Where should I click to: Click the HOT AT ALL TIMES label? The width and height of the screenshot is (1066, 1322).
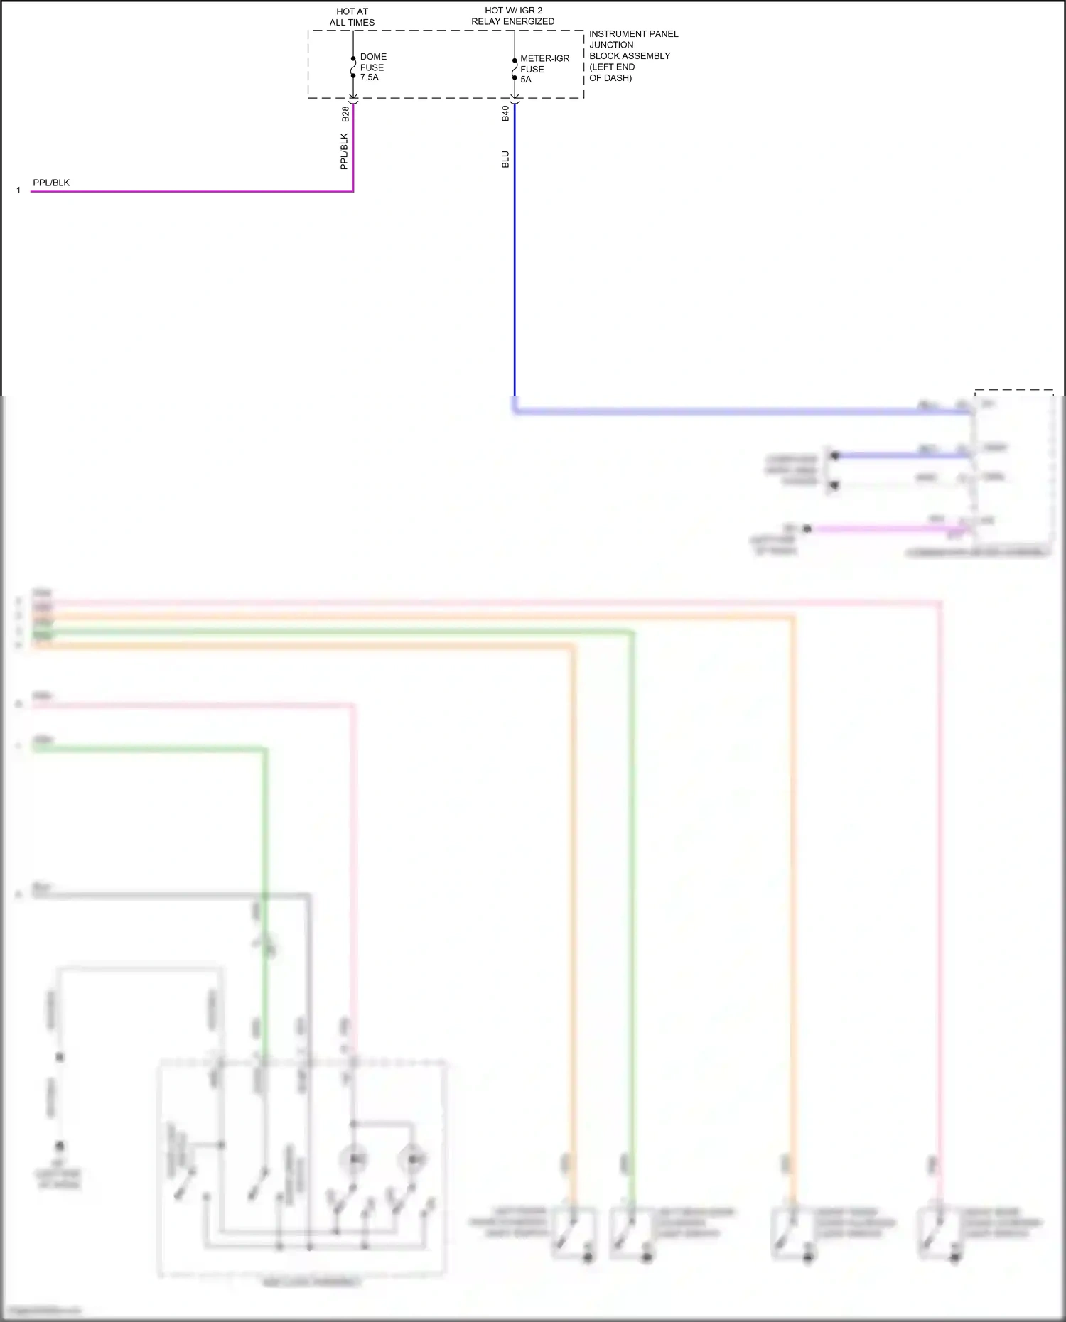coord(352,17)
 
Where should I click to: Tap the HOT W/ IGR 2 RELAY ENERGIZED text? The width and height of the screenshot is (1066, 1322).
coord(513,16)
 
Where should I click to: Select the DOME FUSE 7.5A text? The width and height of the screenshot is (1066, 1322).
coord(372,67)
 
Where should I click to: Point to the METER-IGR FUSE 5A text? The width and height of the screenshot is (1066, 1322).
coord(544,69)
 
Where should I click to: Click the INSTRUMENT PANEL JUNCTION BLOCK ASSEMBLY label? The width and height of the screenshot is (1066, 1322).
coord(632,55)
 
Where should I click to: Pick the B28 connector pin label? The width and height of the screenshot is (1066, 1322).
coord(345,114)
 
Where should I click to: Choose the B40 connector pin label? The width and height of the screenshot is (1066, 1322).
coord(505,113)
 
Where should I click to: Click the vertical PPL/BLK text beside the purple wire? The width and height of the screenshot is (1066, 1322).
coord(344,151)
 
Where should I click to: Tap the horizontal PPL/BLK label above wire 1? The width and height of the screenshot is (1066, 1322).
coord(51,183)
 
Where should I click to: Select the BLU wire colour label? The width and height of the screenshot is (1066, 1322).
coord(505,159)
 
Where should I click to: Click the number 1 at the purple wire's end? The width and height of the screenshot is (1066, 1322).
coord(18,190)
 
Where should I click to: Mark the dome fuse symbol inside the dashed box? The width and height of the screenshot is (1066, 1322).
coord(353,67)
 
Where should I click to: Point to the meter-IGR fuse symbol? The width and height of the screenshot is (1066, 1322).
coord(515,69)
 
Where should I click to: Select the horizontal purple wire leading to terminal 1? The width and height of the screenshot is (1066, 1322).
coord(192,191)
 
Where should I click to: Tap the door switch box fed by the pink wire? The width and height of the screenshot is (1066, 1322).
coord(939,1233)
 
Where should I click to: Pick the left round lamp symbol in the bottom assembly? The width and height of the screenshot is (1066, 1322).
coord(353,1160)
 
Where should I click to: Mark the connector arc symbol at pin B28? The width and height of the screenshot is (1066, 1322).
coord(353,102)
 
